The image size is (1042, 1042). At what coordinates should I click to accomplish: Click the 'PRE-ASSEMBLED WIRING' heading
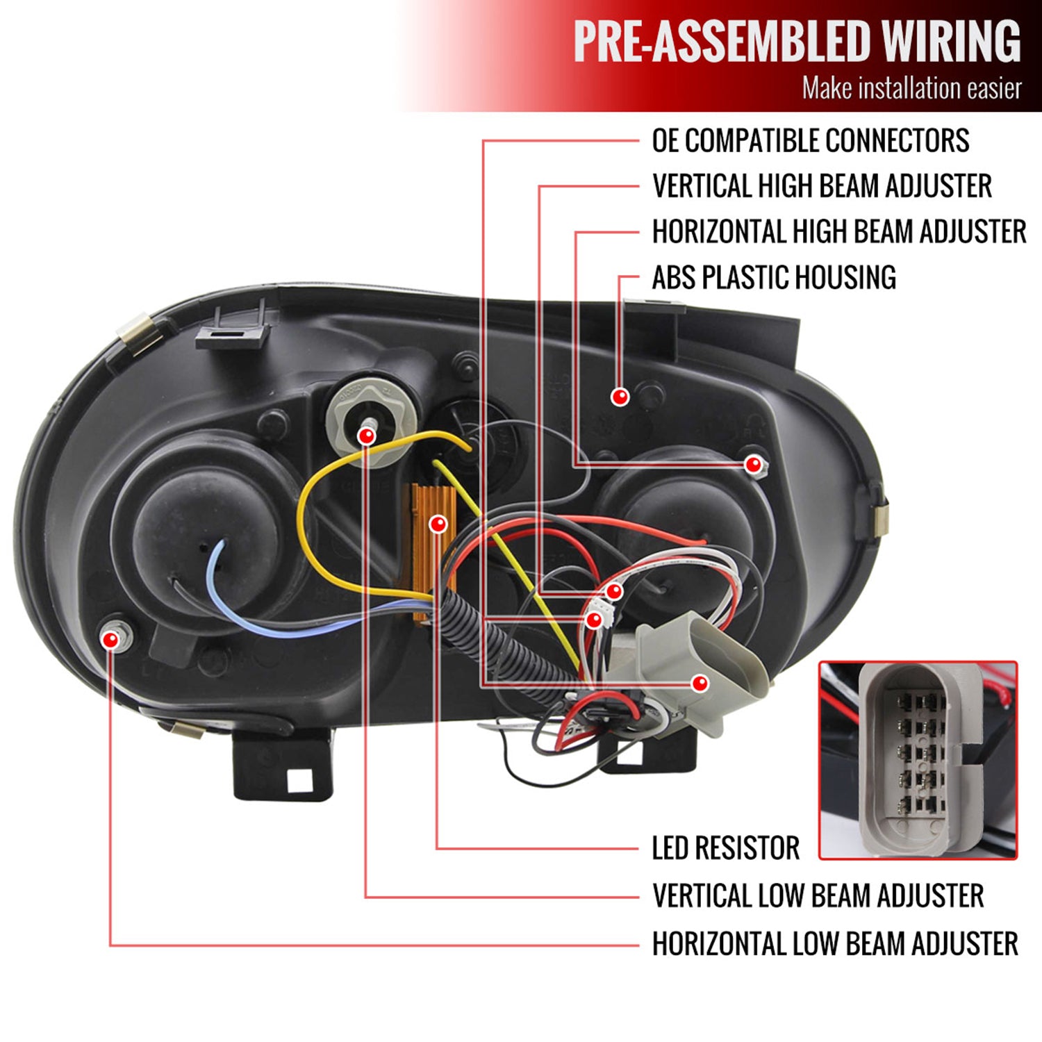point(797,42)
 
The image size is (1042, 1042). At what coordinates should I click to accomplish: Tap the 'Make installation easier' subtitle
point(911,89)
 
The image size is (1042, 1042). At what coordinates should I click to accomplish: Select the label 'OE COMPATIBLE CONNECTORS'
point(810,141)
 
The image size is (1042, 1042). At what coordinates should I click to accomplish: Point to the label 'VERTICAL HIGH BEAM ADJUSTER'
point(822,186)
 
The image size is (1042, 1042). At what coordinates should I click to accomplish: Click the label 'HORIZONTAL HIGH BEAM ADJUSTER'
point(838,232)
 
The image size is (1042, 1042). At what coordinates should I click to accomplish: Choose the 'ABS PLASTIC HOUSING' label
point(773,278)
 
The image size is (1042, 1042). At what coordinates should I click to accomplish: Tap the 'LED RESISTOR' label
point(725,848)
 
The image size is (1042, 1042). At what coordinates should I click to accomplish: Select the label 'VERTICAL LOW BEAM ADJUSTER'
point(818,895)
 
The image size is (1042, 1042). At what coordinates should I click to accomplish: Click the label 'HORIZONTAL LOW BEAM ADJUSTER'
point(834,944)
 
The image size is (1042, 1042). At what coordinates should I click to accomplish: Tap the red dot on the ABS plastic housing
point(620,397)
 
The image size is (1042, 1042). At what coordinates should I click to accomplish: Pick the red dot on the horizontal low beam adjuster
point(110,639)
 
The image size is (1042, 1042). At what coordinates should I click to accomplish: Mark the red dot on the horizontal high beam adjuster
point(753,465)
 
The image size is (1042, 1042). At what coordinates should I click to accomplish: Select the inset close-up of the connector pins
point(918,761)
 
